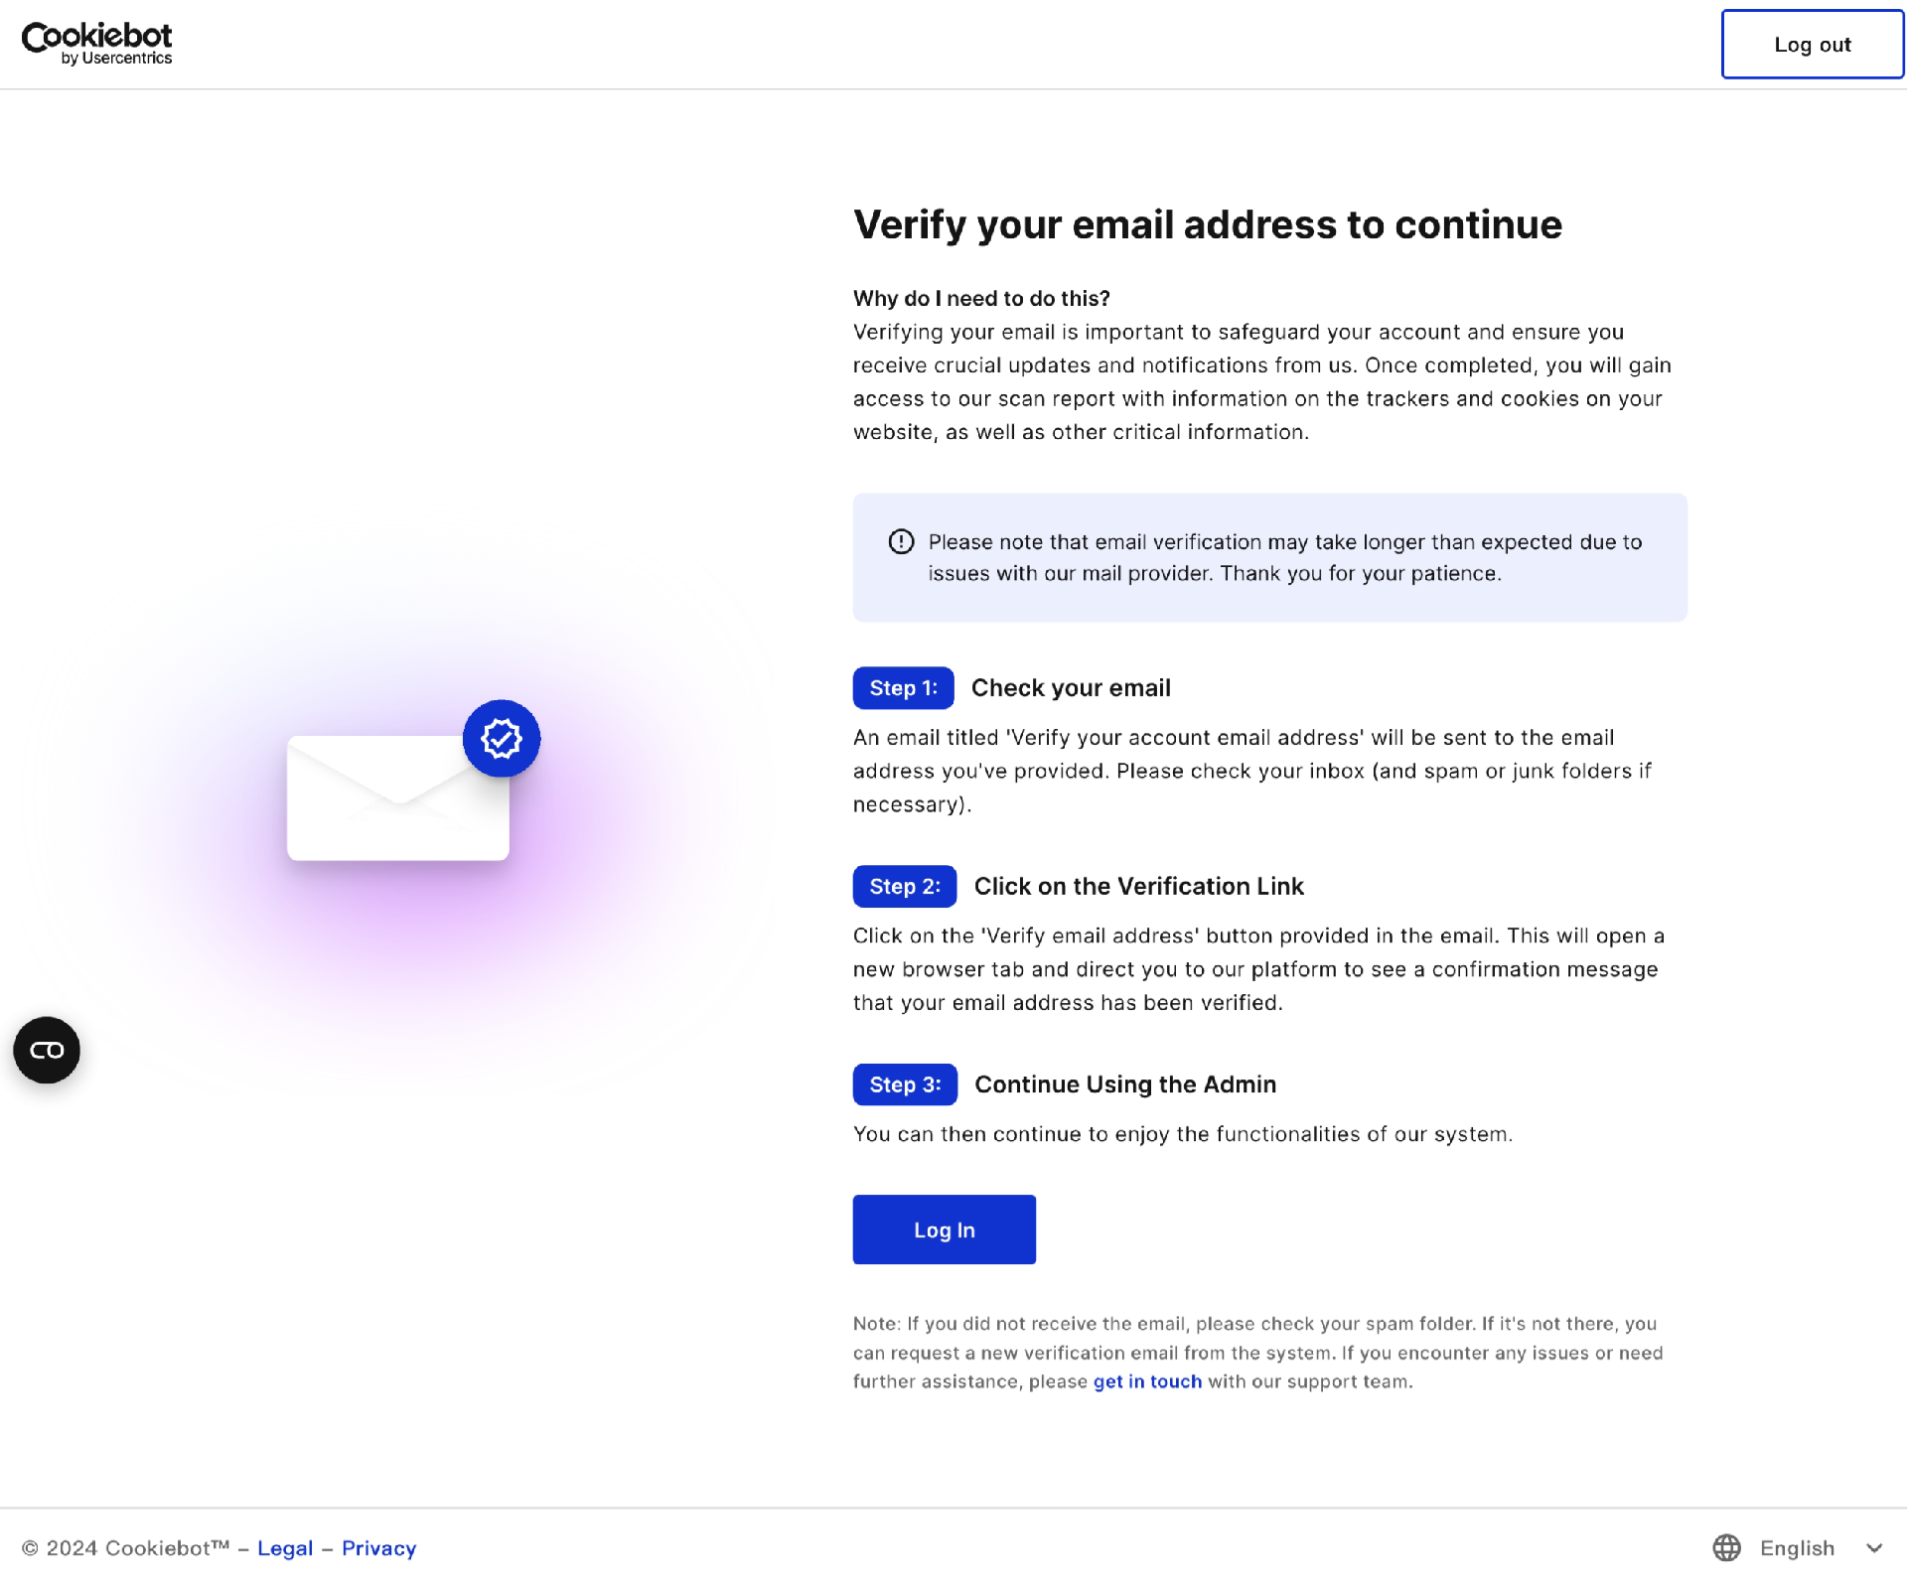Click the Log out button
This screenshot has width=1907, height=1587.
pos(1812,45)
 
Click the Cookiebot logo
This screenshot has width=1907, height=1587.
pos(96,44)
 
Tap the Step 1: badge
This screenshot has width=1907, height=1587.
pos(903,688)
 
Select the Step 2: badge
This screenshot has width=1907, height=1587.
pos(904,887)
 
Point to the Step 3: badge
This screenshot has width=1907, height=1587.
pos(904,1084)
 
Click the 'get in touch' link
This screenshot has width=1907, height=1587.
pos(1147,1381)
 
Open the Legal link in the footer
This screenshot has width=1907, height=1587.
pos(285,1548)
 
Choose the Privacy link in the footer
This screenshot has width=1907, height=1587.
pos(378,1548)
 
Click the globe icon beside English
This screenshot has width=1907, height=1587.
pos(1726,1548)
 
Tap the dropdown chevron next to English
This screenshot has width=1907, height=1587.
pos(1874,1548)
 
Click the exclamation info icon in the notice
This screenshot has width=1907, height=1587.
pos(901,541)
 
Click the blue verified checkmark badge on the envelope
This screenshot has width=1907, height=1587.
pos(502,739)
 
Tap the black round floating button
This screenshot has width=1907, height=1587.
pos(47,1050)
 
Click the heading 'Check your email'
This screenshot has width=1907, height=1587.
pos(1071,688)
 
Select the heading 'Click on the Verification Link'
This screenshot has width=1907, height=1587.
pos(1138,887)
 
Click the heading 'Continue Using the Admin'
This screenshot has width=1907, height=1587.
pos(1125,1084)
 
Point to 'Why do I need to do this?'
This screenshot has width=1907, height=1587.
pos(981,299)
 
